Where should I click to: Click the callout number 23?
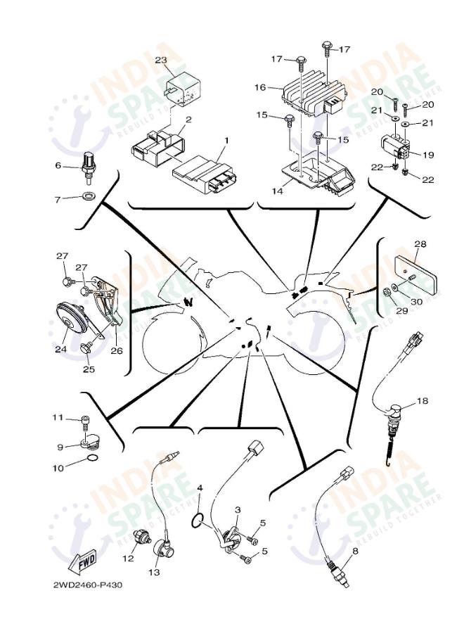pos(160,61)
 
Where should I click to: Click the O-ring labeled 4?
pos(199,521)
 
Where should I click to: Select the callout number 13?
pos(154,572)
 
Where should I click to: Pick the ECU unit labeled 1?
pos(203,173)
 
